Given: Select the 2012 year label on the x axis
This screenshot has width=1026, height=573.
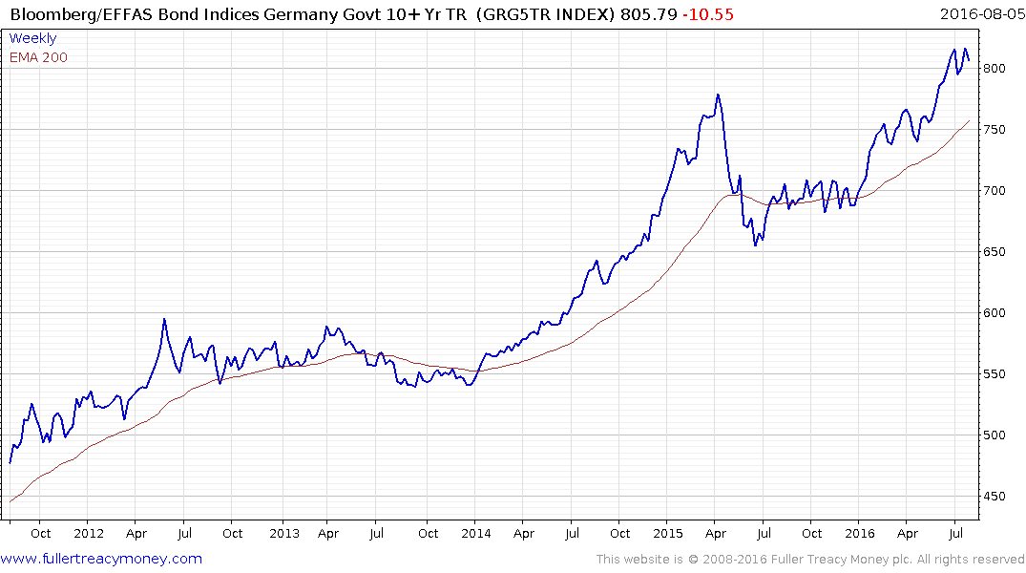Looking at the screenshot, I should pyautogui.click(x=88, y=534).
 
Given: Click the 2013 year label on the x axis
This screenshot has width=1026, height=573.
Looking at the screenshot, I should pyautogui.click(x=283, y=534).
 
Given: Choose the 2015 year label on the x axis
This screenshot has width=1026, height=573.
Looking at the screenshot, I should pyautogui.click(x=667, y=534).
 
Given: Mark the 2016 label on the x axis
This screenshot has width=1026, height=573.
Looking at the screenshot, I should pyautogui.click(x=860, y=534).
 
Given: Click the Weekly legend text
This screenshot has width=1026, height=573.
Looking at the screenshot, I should pyautogui.click(x=32, y=39).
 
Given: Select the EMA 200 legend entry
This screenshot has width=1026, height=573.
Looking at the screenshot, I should pyautogui.click(x=38, y=57).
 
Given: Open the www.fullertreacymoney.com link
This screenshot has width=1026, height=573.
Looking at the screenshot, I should pyautogui.click(x=101, y=559).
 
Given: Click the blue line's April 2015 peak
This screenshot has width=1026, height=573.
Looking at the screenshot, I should pyautogui.click(x=717, y=95).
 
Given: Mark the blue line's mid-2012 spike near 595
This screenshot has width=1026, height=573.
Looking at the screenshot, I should pyautogui.click(x=164, y=319).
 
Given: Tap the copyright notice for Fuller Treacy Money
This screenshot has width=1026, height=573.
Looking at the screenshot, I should pyautogui.click(x=809, y=560).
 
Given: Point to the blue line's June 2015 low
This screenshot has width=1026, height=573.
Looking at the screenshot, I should pyautogui.click(x=755, y=245).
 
